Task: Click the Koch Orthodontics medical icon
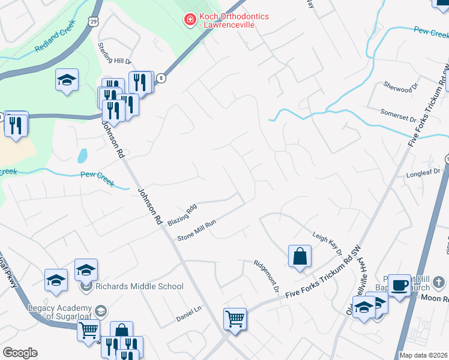(x=190, y=20)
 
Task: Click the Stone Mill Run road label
(x=196, y=229)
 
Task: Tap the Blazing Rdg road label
(x=182, y=214)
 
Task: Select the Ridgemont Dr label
(x=267, y=275)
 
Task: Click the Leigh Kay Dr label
(x=327, y=241)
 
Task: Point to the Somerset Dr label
(x=398, y=115)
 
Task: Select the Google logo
(x=20, y=353)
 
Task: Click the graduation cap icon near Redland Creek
(x=67, y=80)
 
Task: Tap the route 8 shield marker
(x=161, y=78)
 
